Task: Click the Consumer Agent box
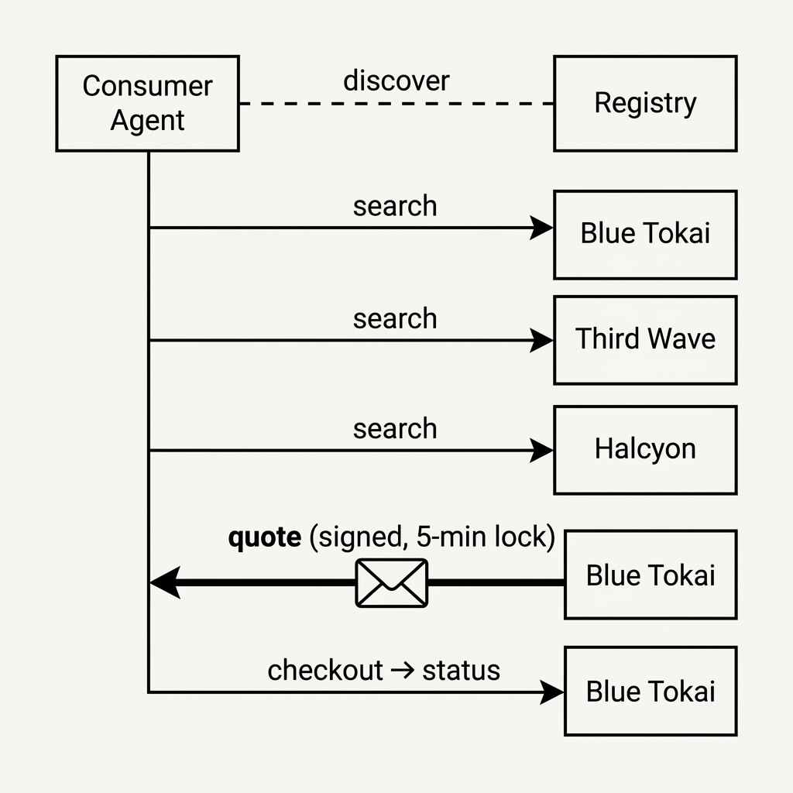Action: [147, 103]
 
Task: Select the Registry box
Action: [645, 103]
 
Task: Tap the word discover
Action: [396, 81]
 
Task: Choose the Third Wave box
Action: [645, 339]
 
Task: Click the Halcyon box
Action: [645, 449]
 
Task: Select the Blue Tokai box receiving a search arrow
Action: [645, 234]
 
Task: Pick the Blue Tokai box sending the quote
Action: [651, 575]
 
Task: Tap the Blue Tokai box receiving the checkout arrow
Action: [651, 691]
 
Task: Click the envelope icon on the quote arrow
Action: [391, 582]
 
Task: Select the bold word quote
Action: [264, 537]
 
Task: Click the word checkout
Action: [325, 670]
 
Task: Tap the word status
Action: [461, 670]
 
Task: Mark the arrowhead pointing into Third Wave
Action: [542, 340]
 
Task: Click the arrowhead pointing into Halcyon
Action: [542, 450]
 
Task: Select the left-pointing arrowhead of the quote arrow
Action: [164, 582]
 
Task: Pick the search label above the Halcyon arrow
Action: [395, 429]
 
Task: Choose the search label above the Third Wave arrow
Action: [395, 319]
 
